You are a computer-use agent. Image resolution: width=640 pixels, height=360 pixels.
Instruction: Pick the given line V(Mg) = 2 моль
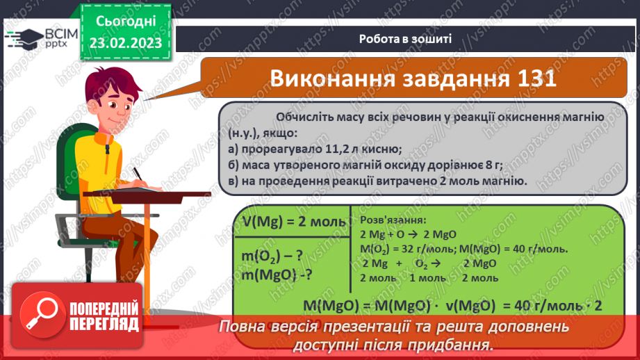294,222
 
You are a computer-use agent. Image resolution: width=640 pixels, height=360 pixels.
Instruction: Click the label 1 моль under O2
429,278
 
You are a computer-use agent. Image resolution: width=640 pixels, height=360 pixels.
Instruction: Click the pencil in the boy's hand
137,173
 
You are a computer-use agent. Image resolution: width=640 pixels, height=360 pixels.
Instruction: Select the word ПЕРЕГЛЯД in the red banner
104,324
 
